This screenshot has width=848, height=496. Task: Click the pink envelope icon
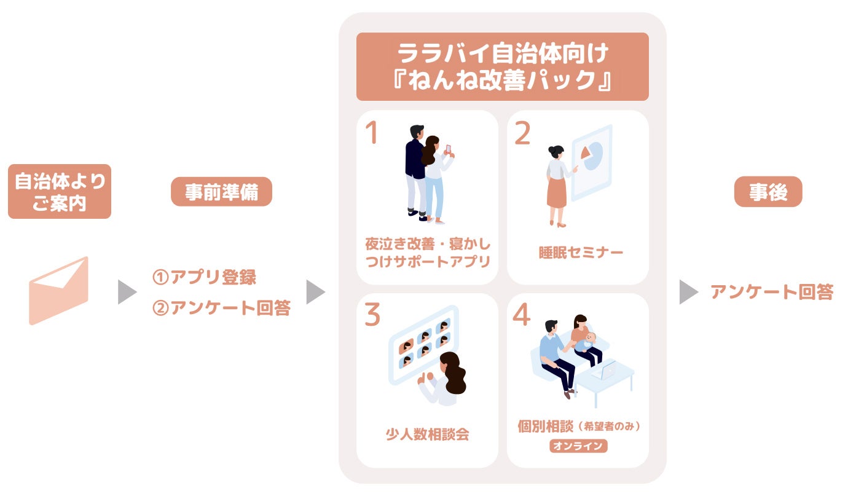59,291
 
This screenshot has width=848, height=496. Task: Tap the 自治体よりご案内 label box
60,191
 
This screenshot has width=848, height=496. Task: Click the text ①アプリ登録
205,277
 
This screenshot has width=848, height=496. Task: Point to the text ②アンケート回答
221,308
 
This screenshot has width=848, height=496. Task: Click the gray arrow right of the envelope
127,293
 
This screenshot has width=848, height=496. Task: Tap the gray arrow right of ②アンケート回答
315,293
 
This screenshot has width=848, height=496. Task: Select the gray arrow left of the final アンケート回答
688,293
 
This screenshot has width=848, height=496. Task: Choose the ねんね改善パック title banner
503,66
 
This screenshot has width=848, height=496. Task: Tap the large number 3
372,315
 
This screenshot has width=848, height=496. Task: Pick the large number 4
521,315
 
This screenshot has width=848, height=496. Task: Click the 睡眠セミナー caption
577,253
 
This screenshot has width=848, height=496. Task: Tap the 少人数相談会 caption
427,434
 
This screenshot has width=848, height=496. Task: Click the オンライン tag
578,446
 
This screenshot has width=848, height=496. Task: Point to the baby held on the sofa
588,341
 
